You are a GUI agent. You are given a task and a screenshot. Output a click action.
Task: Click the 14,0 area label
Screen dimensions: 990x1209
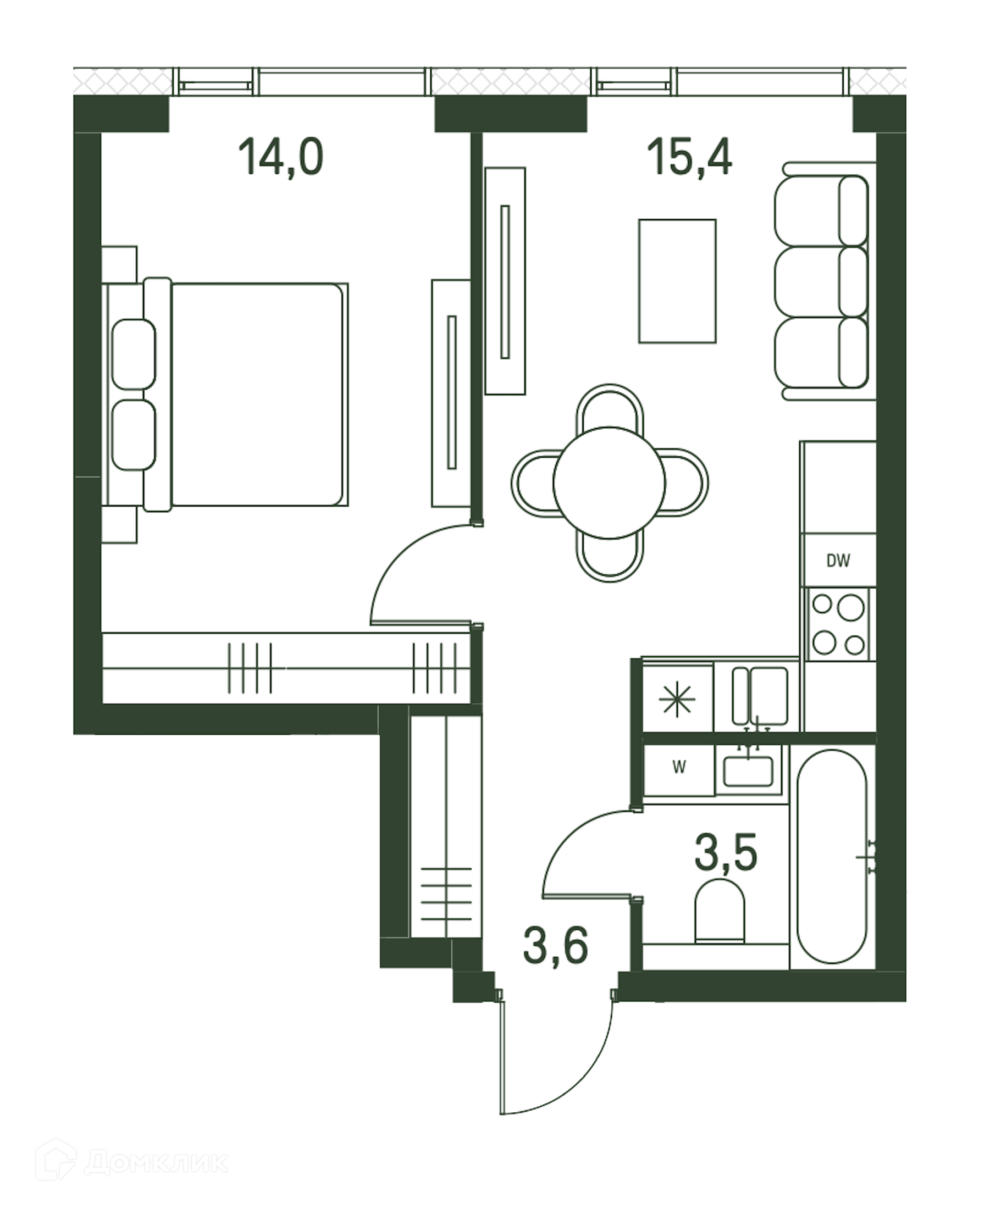point(280,158)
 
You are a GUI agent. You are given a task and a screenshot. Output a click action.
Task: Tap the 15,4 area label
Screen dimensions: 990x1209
point(689,157)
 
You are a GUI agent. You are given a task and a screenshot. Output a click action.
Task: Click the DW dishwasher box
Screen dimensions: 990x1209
point(838,561)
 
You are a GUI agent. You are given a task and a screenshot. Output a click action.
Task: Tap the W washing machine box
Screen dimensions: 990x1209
point(679,768)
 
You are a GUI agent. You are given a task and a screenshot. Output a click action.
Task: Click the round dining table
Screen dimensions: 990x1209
point(609,483)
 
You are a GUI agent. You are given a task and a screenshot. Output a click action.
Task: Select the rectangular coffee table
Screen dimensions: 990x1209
point(677,281)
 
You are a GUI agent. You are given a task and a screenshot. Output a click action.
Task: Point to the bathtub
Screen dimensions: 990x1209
point(832,857)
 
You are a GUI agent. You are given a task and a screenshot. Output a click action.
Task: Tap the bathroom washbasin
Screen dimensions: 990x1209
point(748,771)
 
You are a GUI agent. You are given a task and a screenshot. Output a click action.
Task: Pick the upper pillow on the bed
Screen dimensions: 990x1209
point(134,354)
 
